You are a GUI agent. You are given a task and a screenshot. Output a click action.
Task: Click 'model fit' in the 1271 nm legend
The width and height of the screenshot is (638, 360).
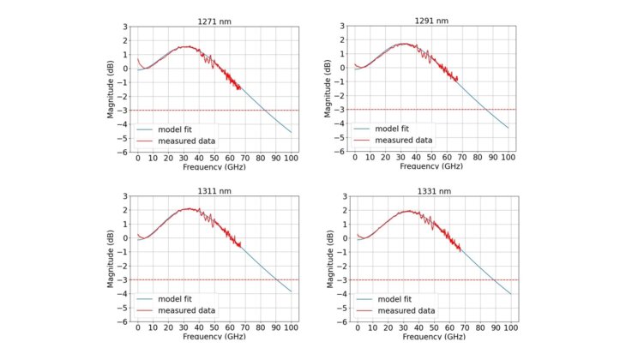[178, 129]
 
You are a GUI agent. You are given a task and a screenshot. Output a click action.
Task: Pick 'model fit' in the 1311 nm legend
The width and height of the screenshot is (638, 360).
[178, 298]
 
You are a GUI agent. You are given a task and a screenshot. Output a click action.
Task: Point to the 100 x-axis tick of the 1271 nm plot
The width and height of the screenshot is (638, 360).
[292, 159]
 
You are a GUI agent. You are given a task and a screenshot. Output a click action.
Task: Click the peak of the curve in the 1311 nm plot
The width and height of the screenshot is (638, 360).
[190, 208]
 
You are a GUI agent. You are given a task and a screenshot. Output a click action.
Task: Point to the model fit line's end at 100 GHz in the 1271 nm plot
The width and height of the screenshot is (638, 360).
[292, 132]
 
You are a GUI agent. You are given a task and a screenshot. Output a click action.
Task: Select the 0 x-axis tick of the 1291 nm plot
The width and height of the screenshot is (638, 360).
[355, 159]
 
